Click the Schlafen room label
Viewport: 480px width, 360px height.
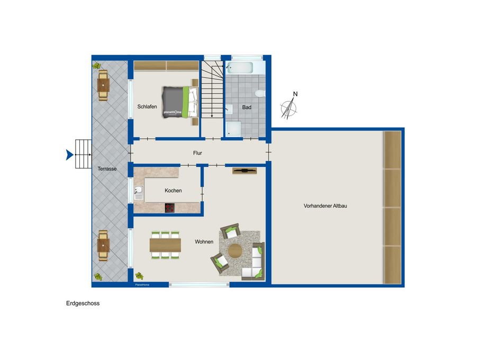(x=147, y=106)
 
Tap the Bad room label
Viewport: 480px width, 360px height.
(x=247, y=107)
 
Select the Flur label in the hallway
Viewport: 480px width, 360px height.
(x=197, y=153)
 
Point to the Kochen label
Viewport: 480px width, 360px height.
(x=173, y=191)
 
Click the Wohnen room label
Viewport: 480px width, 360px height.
(x=204, y=241)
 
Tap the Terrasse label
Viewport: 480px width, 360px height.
(x=107, y=169)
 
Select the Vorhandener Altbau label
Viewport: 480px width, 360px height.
(x=325, y=206)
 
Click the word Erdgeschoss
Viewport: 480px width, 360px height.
(x=83, y=303)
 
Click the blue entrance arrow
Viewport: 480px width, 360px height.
(x=69, y=155)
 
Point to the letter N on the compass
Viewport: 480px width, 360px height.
(x=295, y=94)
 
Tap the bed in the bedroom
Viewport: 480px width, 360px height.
(x=180, y=102)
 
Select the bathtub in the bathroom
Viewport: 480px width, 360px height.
(x=240, y=68)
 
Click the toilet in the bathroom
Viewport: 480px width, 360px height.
(x=260, y=93)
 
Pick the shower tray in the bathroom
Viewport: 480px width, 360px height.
(x=233, y=129)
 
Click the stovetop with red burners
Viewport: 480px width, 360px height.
(x=169, y=208)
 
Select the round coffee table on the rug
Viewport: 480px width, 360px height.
(x=235, y=251)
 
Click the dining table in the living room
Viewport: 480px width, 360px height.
(x=165, y=245)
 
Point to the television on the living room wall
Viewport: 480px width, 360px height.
(x=244, y=171)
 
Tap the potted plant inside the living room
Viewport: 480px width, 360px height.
(x=139, y=276)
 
